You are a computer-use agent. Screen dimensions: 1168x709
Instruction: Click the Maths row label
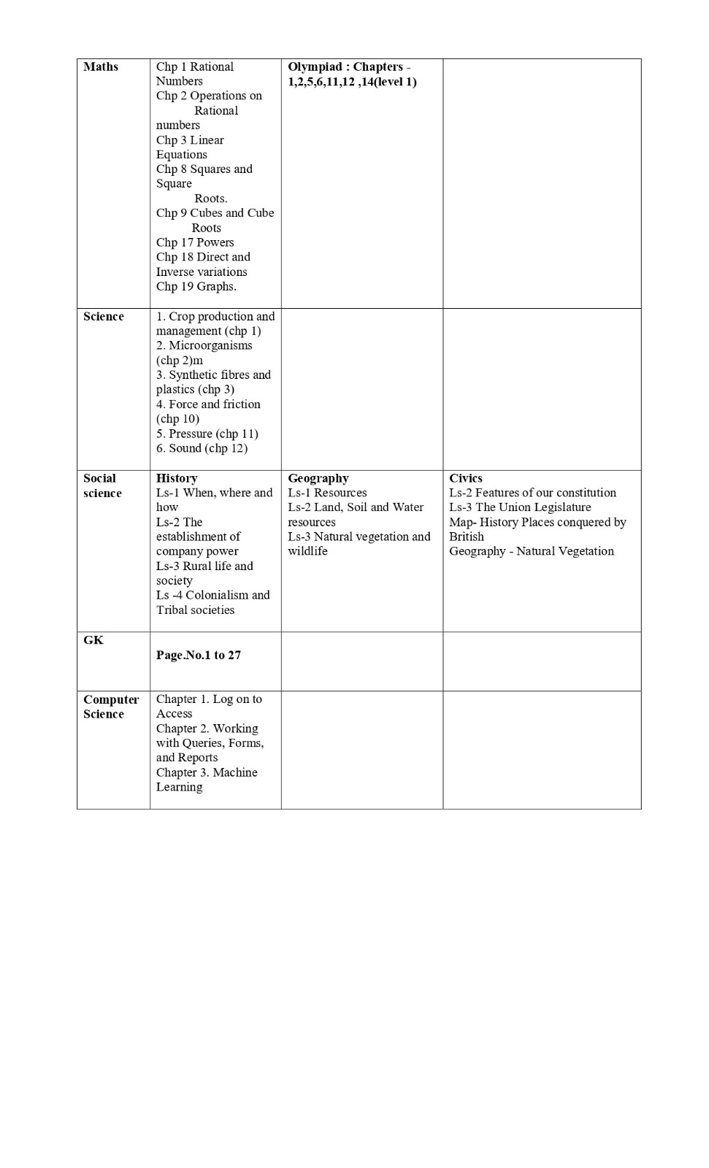(101, 66)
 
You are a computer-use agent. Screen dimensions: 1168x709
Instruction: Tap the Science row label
(104, 316)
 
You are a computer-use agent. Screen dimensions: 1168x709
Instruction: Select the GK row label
(93, 640)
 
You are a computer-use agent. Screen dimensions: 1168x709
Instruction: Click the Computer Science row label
(111, 707)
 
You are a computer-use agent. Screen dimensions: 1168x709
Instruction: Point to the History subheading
(177, 478)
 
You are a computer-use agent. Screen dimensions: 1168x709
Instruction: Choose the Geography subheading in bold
(318, 478)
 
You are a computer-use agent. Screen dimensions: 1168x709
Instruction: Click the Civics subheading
(466, 478)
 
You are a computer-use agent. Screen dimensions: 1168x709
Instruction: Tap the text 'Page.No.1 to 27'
(199, 655)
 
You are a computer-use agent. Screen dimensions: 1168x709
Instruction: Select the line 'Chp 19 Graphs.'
(196, 286)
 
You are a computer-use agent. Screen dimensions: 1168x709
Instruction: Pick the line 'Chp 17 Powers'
(195, 242)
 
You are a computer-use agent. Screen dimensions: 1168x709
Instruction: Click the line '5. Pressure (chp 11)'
(207, 434)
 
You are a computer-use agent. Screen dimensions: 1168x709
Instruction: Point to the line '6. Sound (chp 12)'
(202, 448)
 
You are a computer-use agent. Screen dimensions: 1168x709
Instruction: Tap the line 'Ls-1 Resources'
(327, 493)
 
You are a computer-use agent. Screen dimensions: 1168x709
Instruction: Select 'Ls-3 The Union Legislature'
(520, 507)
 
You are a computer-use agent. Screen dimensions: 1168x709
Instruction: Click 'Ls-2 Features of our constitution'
(532, 493)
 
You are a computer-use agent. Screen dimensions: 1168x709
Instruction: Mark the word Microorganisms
(210, 345)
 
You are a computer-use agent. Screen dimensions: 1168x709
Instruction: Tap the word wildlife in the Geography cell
(307, 551)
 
